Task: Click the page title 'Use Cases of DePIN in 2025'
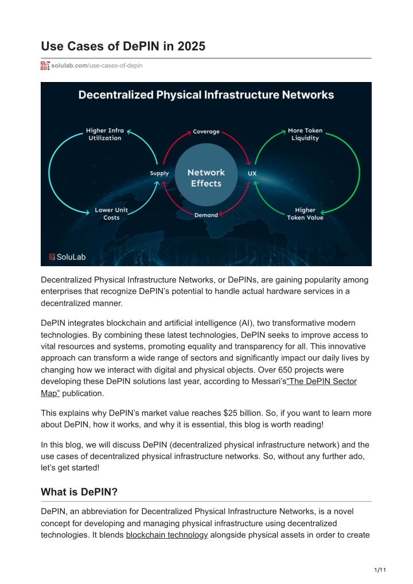coord(123,46)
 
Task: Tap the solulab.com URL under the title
coord(97,65)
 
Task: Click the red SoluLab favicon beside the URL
coord(45,65)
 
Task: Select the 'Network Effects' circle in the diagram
coord(206,175)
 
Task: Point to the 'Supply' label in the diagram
coord(159,173)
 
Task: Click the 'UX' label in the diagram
coord(252,173)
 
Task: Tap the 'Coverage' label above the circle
coord(206,131)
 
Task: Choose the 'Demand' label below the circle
coord(206,215)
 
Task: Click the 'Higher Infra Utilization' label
coord(104,134)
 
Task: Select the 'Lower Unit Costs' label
coord(111,214)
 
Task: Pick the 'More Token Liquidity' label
coord(305,134)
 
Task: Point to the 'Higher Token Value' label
coord(305,214)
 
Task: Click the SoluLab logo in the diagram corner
coord(68,257)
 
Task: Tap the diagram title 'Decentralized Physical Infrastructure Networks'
coord(206,95)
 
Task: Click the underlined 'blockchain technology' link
coord(167,535)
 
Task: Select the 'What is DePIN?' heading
coord(79,492)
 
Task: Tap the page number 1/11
coord(380,570)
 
